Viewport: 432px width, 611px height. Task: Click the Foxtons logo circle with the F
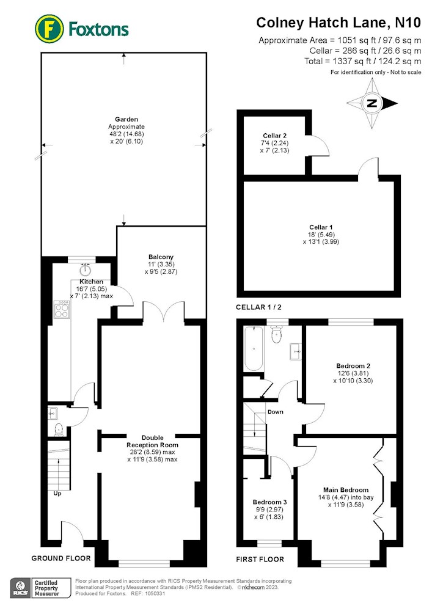[49, 29]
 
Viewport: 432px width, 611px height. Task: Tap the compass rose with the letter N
[372, 103]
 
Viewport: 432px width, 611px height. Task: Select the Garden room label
[126, 119]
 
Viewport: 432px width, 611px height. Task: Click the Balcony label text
[161, 257]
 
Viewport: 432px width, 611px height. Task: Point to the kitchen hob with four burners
[62, 309]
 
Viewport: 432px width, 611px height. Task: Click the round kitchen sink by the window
[86, 269]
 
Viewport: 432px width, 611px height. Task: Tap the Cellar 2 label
[274, 136]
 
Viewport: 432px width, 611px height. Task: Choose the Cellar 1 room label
[321, 227]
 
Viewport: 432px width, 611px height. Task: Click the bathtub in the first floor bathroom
[254, 348]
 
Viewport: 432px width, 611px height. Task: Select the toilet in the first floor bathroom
[277, 334]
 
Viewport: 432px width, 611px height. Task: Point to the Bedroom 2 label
[353, 366]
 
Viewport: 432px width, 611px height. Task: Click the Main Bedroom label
[346, 490]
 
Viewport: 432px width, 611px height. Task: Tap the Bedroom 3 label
[269, 502]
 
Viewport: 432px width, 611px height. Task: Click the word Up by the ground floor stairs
[57, 493]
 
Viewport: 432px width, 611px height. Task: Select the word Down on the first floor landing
[276, 411]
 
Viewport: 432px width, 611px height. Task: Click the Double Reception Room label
[152, 441]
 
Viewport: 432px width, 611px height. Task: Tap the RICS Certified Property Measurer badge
[40, 588]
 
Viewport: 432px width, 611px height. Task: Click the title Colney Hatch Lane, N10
[339, 23]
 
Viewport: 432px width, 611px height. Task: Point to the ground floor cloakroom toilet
[59, 430]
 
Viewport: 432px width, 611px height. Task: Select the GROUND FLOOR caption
[60, 558]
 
